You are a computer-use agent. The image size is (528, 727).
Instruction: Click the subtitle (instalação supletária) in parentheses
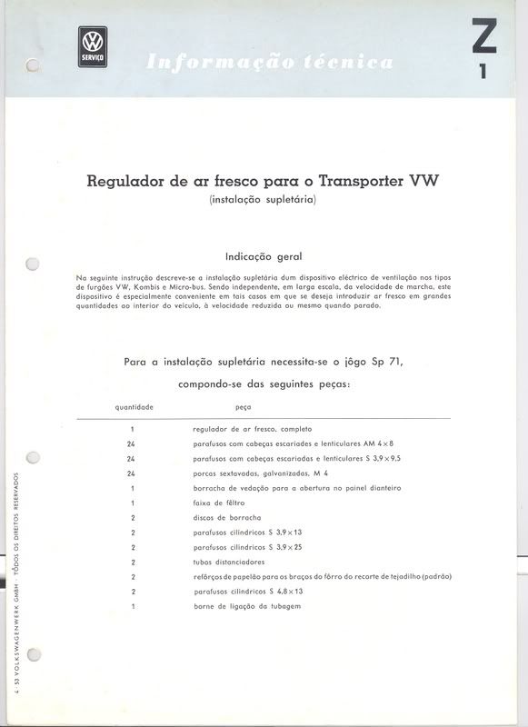tap(262, 200)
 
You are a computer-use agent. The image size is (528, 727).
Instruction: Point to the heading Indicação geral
tap(264, 256)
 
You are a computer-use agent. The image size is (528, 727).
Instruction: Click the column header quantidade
tap(134, 406)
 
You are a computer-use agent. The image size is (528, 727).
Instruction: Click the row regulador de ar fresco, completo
tap(252, 428)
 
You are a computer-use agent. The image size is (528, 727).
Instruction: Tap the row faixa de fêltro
tap(219, 503)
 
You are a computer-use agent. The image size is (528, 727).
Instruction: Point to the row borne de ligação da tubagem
tap(247, 606)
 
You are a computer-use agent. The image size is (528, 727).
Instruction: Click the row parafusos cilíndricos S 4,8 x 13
tap(248, 592)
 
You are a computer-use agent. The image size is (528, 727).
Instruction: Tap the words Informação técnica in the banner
tap(270, 63)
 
